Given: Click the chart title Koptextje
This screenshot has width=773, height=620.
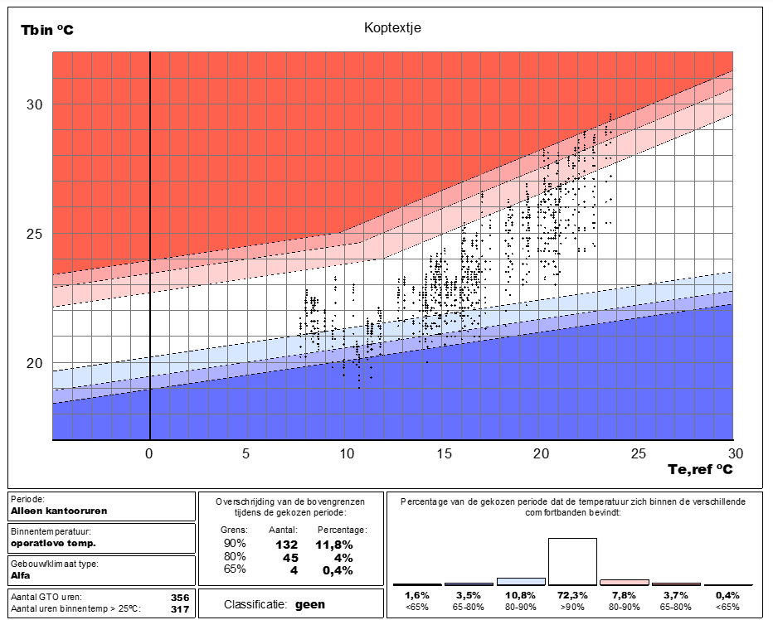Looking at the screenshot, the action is coord(392,28).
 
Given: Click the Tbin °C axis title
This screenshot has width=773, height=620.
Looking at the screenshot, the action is coord(46,30).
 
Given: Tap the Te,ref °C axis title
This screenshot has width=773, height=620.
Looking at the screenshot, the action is coord(700,469).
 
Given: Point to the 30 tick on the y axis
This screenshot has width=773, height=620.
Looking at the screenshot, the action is coord(35,104).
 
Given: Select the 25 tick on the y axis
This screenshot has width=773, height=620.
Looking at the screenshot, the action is coord(35,234).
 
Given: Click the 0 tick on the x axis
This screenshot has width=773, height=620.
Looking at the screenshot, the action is coord(149,453).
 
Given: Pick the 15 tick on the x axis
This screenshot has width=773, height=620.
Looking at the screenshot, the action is coord(444,453).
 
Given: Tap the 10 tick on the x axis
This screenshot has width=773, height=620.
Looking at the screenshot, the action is coord(347,453).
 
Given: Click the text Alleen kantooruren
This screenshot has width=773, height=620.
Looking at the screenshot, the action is coord(59,511).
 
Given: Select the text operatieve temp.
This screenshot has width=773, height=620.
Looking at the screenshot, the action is coord(53,543).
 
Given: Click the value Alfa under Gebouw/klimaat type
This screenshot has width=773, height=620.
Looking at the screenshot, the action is coord(20,575).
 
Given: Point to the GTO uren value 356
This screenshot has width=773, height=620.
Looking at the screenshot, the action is coord(180,598).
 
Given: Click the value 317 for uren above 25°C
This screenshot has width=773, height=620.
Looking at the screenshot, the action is coord(180,609).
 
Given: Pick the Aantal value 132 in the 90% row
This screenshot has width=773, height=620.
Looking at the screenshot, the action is coord(286,545).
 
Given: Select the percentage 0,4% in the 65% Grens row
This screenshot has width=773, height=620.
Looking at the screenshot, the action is coord(338,570).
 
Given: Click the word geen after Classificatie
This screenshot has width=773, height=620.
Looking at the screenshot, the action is coord(310,605).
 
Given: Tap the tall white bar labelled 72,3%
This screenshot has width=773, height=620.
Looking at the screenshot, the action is coord(572,561).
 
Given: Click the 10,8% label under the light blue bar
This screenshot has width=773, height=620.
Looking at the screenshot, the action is coord(520,595).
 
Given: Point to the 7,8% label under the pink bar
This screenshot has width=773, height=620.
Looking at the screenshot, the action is coord(624,595).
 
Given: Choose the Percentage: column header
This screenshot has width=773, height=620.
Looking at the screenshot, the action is coord(343,530).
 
